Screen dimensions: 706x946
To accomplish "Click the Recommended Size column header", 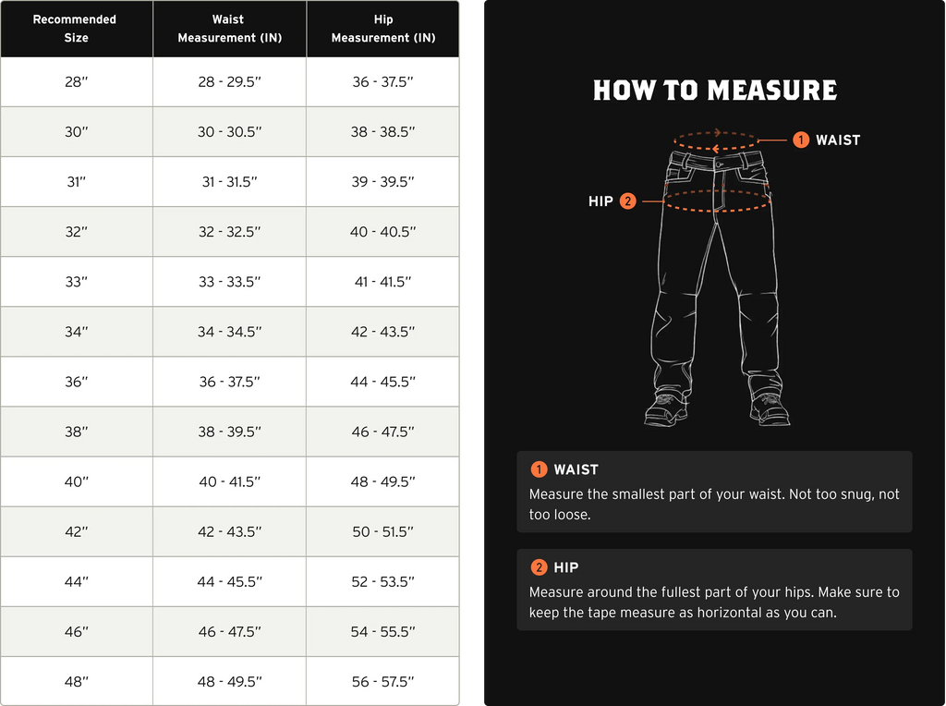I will point(76,29).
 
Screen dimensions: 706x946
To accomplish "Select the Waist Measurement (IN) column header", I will point(229,29).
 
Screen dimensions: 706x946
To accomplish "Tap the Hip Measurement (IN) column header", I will point(382,29).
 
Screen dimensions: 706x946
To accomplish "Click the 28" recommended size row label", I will point(76,82).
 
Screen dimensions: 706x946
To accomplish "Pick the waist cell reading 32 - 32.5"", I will point(229,232).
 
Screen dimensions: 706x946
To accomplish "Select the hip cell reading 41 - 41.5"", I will point(382,282).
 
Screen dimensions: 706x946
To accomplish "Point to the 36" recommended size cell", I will point(76,382).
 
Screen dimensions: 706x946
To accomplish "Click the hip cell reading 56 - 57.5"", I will point(382,682).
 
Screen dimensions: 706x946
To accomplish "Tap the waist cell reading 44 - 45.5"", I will point(229,582).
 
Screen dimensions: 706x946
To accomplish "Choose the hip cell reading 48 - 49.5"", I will point(382,481).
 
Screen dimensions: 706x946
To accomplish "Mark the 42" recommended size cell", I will point(76,532).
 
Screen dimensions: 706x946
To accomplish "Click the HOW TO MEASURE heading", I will point(714,91).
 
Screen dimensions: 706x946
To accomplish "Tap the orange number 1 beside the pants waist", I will point(801,140).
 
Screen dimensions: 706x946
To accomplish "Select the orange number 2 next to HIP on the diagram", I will point(627,201).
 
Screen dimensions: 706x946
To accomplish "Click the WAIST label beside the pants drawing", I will point(837,140).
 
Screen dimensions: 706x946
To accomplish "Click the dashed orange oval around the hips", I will point(717,209).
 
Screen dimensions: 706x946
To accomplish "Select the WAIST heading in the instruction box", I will point(576,469).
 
